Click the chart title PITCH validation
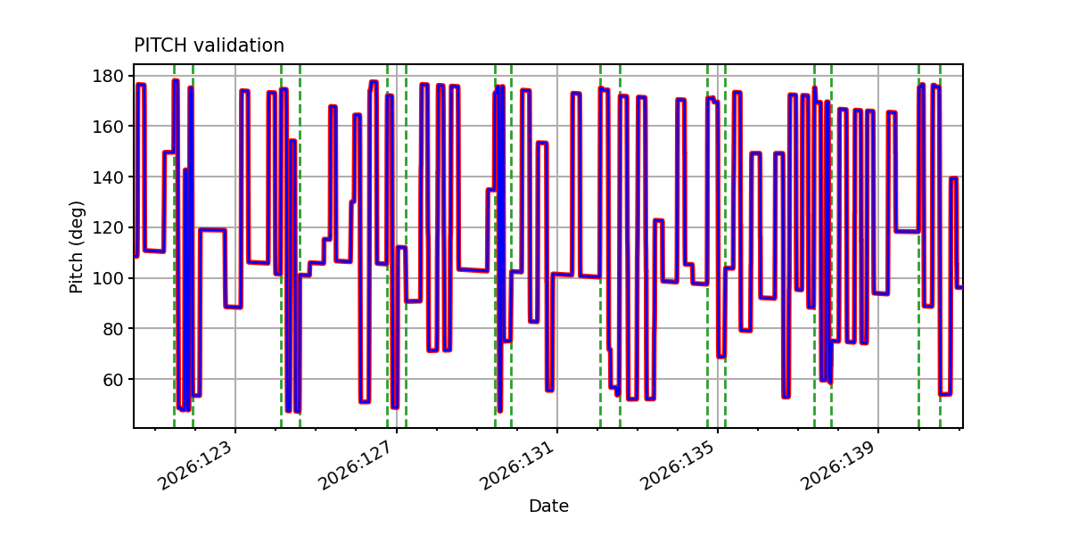[x=209, y=45]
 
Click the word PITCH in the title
[x=160, y=45]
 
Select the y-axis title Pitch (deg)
[x=77, y=247]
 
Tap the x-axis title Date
[x=548, y=506]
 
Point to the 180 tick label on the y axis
[x=108, y=76]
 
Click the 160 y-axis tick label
[x=108, y=127]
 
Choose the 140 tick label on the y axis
[x=108, y=177]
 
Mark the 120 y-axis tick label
[x=108, y=228]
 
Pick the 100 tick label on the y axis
[x=108, y=278]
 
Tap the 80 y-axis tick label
[x=112, y=329]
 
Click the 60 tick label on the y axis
[x=112, y=380]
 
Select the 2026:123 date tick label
[x=196, y=465]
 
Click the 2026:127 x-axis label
[x=357, y=465]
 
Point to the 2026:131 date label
[x=517, y=465]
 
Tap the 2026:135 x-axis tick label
[x=678, y=465]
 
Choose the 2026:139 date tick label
[x=839, y=465]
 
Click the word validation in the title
[x=239, y=45]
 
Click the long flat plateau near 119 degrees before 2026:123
[x=212, y=230]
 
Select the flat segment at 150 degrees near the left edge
[x=169, y=152]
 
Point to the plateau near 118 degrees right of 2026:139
[x=907, y=231]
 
